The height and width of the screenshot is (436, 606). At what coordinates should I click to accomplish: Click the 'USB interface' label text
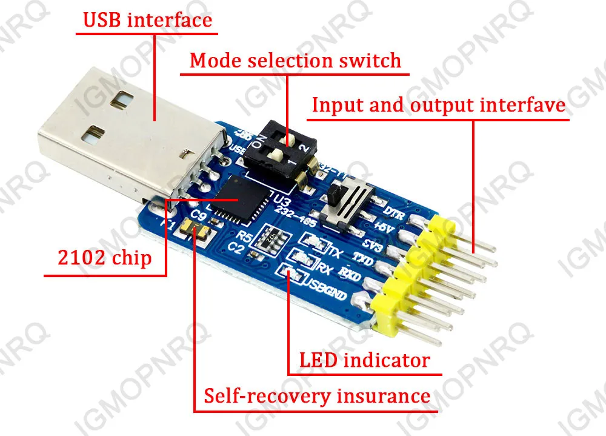[147, 20]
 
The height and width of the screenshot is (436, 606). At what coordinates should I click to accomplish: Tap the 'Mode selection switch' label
[295, 61]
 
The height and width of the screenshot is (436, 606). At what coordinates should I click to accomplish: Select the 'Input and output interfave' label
[438, 105]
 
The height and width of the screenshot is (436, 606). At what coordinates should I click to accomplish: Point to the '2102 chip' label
[104, 258]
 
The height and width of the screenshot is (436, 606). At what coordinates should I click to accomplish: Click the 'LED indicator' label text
[364, 360]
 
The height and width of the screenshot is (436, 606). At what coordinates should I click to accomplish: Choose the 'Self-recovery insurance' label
[317, 396]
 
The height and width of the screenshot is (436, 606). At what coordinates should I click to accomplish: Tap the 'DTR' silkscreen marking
[395, 212]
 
